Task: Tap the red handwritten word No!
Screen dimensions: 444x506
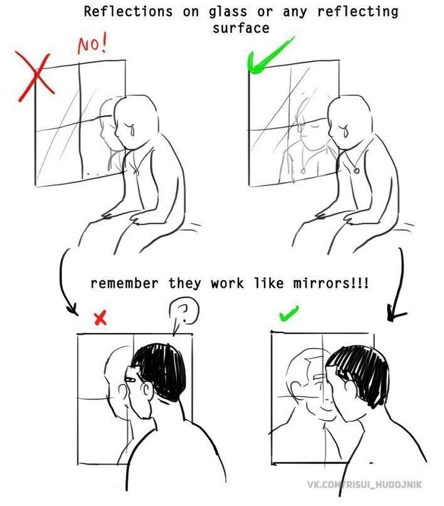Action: (x=92, y=45)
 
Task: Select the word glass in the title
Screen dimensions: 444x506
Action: (x=228, y=13)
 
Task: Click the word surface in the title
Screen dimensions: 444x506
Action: (x=241, y=28)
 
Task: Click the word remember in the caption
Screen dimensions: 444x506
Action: (x=125, y=283)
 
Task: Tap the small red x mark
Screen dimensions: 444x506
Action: (x=100, y=318)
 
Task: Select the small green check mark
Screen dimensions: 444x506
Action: (x=288, y=314)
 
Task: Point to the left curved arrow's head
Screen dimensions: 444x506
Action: (x=73, y=310)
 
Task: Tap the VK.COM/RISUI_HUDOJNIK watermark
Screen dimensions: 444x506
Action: (x=364, y=485)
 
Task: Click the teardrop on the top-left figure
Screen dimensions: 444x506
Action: (x=131, y=129)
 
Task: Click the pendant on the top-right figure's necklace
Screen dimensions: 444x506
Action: (x=356, y=170)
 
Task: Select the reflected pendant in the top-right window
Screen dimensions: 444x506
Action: (x=303, y=170)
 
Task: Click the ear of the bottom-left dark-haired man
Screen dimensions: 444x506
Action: (x=146, y=391)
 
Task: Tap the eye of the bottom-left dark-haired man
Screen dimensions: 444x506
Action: (x=131, y=379)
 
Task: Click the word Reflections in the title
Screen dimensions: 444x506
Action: (x=129, y=13)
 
